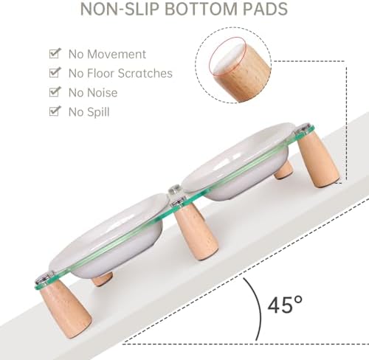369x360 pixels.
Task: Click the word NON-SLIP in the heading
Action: point(120,9)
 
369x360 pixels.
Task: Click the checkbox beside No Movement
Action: point(55,53)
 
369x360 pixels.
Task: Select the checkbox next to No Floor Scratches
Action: point(55,72)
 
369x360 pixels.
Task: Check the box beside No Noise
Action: point(55,92)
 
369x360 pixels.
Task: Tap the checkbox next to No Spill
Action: point(55,111)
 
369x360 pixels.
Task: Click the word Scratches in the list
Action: point(145,73)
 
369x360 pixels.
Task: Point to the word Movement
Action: point(117,54)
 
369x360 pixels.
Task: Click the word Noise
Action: point(103,93)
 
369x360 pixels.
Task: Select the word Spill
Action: point(98,112)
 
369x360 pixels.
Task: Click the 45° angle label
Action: point(285,305)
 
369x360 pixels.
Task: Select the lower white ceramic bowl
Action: point(108,236)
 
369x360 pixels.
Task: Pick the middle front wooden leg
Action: point(196,230)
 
